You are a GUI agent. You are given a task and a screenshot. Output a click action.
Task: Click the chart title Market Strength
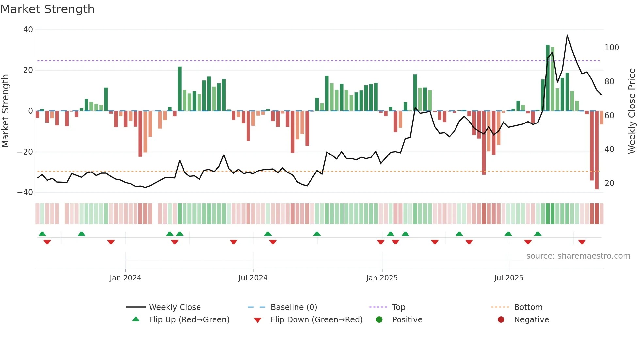pyautogui.click(x=47, y=9)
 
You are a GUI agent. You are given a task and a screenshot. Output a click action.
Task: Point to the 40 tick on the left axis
pyautogui.click(x=28, y=30)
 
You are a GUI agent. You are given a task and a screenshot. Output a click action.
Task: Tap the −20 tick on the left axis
pyautogui.click(x=25, y=152)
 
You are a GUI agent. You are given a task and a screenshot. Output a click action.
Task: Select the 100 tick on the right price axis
pyautogui.click(x=612, y=48)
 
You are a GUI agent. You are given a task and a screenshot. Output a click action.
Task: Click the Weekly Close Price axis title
pyautogui.click(x=632, y=111)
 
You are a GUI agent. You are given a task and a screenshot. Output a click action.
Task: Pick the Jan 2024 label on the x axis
pyautogui.click(x=125, y=278)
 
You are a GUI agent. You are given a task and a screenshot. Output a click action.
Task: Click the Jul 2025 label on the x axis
pyautogui.click(x=508, y=278)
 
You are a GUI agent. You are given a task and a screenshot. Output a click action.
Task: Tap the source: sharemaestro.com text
pyautogui.click(x=578, y=256)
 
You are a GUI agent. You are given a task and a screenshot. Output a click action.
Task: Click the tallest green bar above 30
pyautogui.click(x=548, y=78)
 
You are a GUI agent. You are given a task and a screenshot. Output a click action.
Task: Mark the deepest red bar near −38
pyautogui.click(x=597, y=150)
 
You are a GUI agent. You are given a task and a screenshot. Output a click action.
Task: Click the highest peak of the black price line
pyautogui.click(x=567, y=35)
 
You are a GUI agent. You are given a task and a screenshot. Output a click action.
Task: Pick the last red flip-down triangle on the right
pyautogui.click(x=582, y=242)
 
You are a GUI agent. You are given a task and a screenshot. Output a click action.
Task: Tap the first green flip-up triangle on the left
pyautogui.click(x=42, y=234)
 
